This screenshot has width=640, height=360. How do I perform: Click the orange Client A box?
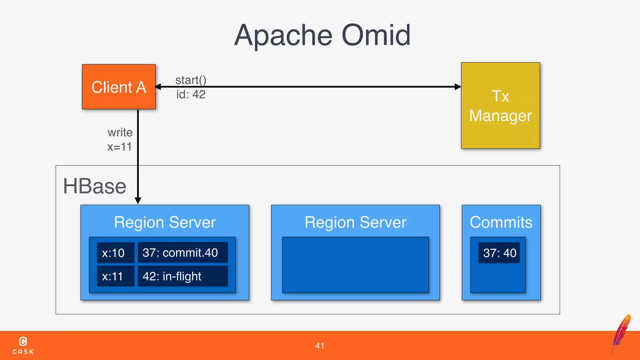(119, 87)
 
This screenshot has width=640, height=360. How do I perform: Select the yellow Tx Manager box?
(500, 106)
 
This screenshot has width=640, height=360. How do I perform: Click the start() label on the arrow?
(191, 80)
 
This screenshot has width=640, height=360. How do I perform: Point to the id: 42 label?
(191, 94)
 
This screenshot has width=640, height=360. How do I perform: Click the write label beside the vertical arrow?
(120, 132)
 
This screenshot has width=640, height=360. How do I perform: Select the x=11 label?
(119, 147)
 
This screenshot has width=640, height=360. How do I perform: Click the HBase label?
(95, 186)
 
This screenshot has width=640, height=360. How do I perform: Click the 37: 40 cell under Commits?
(499, 253)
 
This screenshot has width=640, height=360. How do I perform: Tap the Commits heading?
(501, 222)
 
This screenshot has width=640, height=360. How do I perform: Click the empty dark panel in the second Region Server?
(355, 265)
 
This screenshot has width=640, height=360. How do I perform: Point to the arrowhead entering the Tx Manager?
(458, 87)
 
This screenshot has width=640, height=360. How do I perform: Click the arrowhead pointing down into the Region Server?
(138, 200)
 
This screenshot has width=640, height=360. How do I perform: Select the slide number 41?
(320, 346)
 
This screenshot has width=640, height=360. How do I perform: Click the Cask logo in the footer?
(23, 345)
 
